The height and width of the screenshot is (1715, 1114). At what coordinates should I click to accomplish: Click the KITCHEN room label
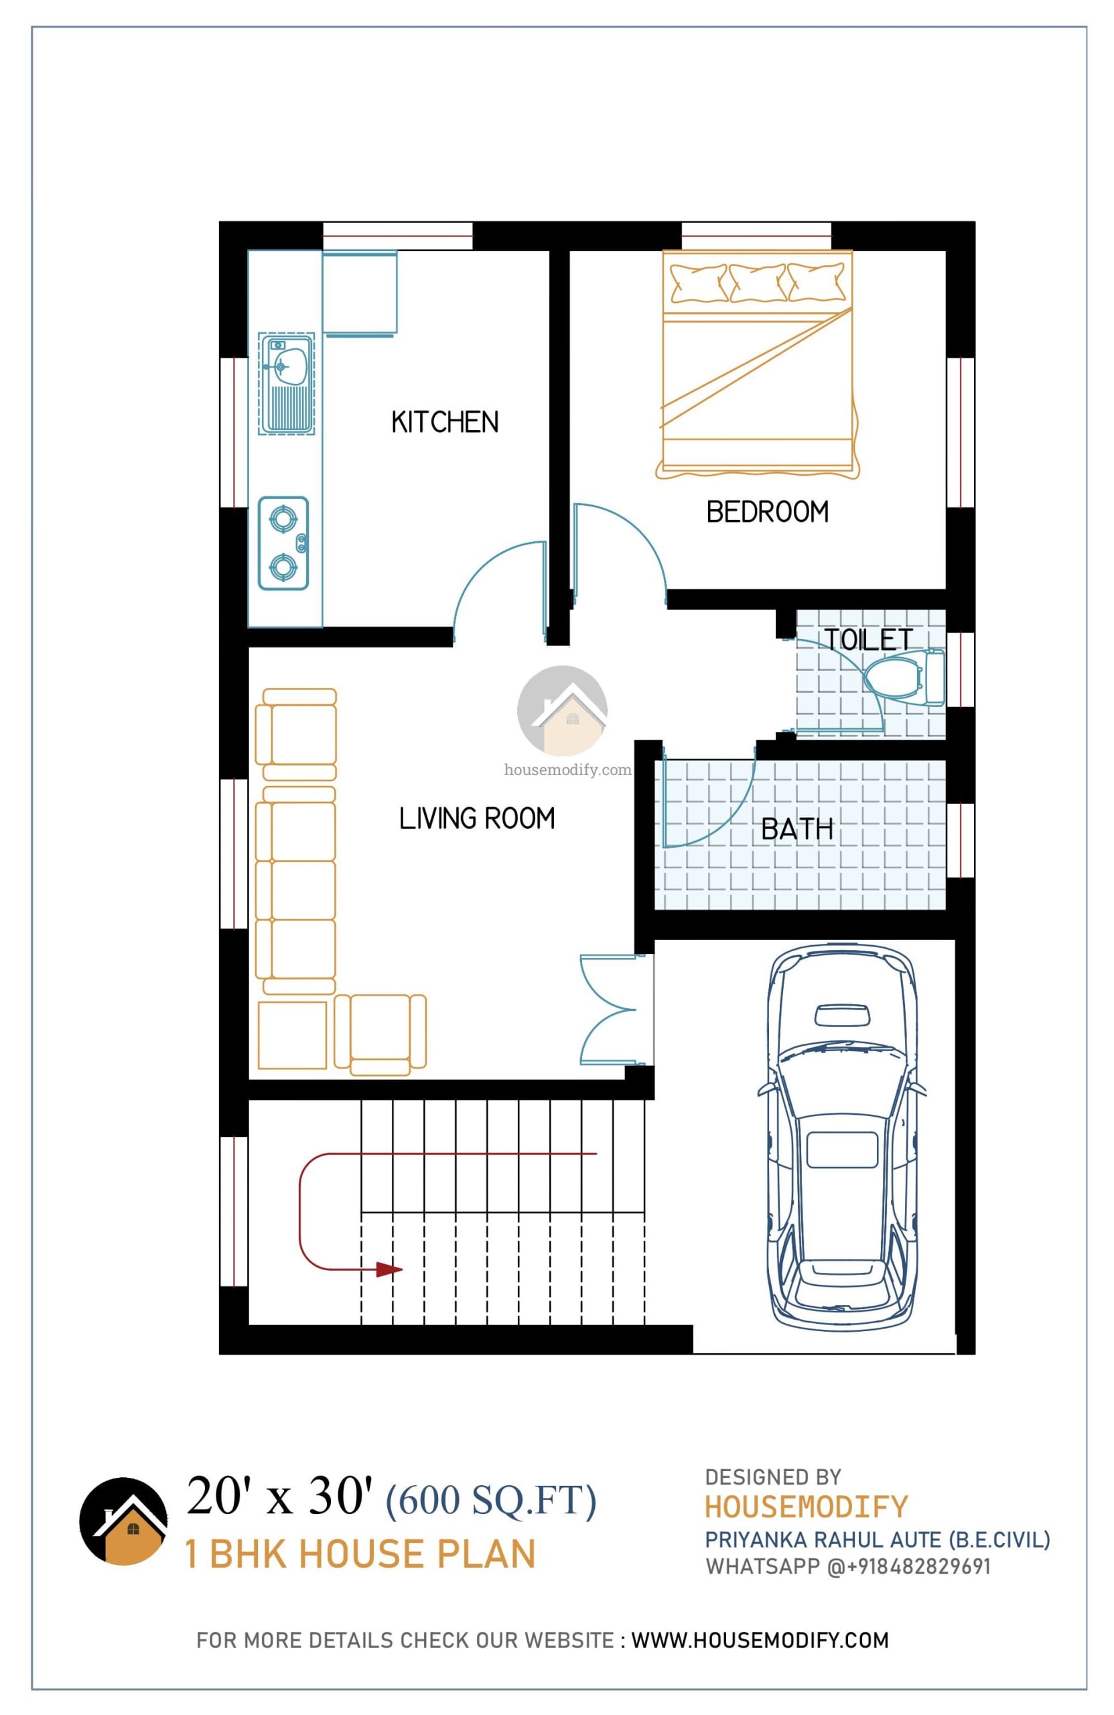point(445,422)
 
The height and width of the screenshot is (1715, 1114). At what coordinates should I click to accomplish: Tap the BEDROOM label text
point(767,512)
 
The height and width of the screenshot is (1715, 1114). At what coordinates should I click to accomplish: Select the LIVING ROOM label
point(477,819)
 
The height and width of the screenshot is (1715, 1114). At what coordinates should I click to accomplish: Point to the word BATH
point(797,829)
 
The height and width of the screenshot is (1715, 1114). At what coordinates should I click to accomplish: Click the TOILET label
point(868,639)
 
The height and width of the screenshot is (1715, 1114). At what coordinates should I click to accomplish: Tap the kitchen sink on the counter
point(286,383)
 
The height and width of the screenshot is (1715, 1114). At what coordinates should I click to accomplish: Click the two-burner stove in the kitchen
point(283,543)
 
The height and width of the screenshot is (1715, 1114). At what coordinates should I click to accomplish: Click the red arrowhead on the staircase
point(389,1269)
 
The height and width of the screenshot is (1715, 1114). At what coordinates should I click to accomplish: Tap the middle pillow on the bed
point(758,283)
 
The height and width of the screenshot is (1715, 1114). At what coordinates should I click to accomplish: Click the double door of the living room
point(609,1010)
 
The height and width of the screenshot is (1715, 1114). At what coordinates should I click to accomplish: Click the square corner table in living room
point(293,1035)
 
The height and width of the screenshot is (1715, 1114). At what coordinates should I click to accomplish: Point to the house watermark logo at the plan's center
point(562,709)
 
